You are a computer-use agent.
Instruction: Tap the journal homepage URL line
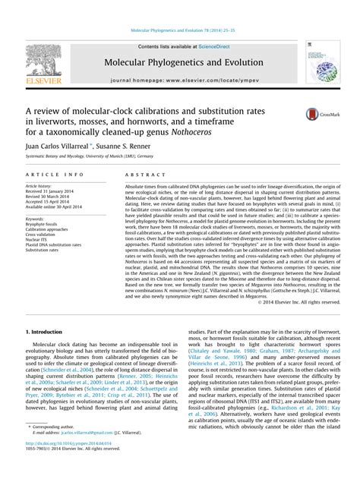[180, 79]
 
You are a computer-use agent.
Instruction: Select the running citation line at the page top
[180, 30]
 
